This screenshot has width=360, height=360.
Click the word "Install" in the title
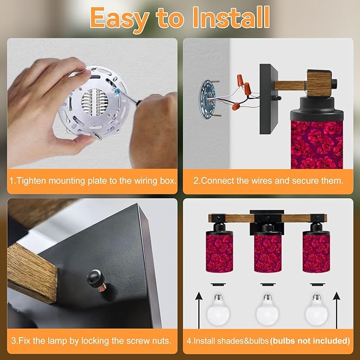tap(231, 18)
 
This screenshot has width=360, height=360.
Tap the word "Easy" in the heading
tap(119, 20)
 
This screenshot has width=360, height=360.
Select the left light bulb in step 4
tap(218, 310)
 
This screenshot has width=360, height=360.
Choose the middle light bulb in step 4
tap(267, 310)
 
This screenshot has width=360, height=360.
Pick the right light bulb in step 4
tap(317, 310)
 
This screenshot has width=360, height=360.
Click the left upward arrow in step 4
tap(199, 310)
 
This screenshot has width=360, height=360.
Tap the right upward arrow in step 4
tap(337, 310)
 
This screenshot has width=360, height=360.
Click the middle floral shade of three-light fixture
tap(267, 253)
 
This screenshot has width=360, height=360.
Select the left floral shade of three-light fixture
tap(219, 252)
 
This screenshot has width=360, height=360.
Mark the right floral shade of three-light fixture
tap(316, 252)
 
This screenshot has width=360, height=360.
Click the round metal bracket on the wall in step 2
tap(207, 99)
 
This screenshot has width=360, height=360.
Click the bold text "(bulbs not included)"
tap(310, 341)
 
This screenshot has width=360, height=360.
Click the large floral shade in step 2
tap(317, 144)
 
